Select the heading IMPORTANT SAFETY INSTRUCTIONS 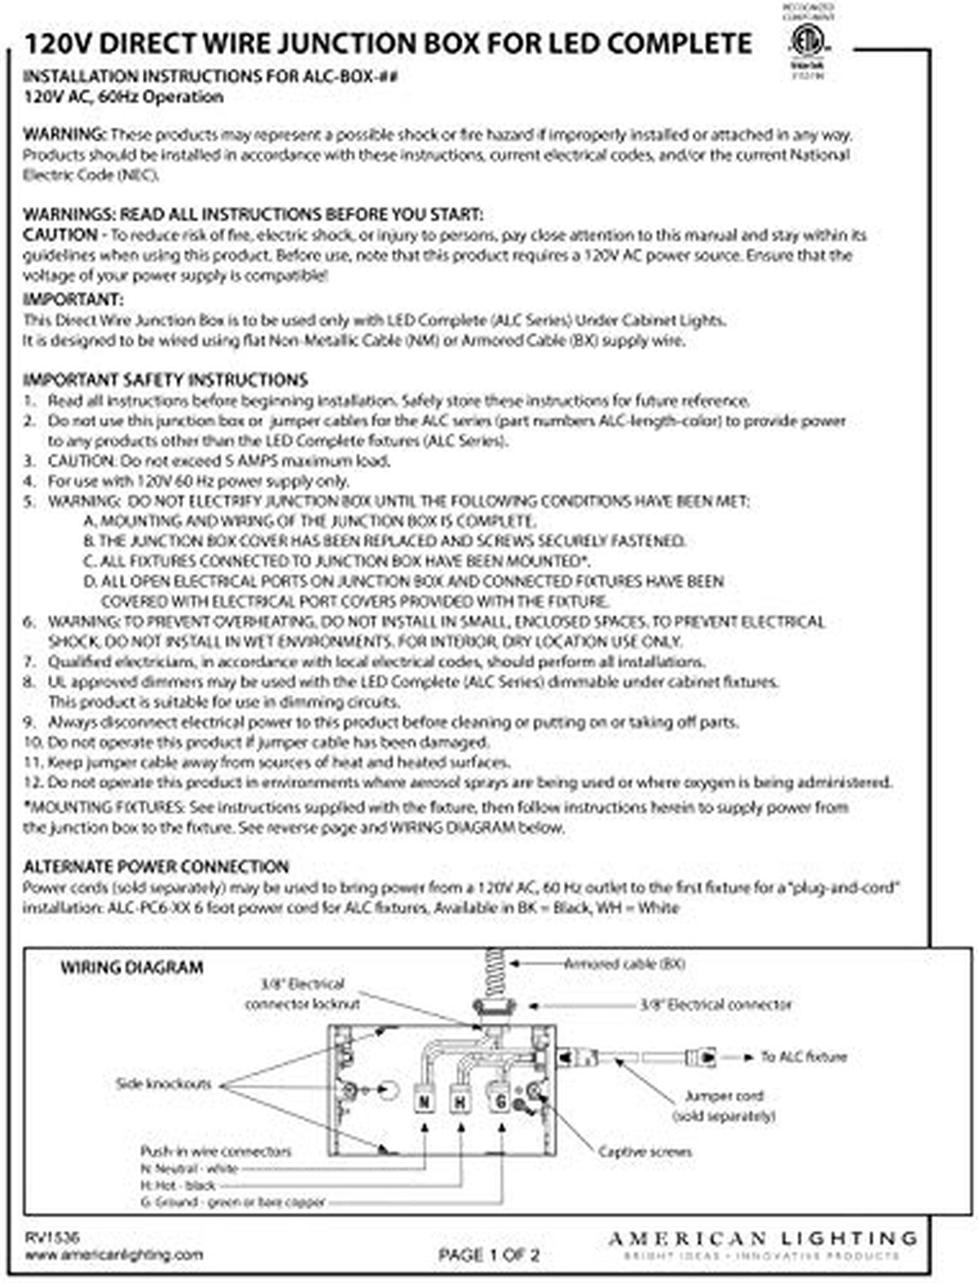[x=165, y=380]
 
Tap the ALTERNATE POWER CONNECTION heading [x=156, y=866]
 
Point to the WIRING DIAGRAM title [x=131, y=968]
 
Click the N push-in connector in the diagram [x=424, y=1101]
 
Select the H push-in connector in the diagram [x=461, y=1101]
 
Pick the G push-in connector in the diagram [x=499, y=1100]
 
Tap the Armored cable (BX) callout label [x=624, y=964]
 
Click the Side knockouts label [x=164, y=1084]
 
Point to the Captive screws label [x=645, y=1152]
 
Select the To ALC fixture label [x=804, y=1056]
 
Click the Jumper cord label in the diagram [x=724, y=1096]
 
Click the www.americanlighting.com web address [x=112, y=1255]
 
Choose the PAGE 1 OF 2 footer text [x=488, y=1255]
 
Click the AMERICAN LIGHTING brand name [x=762, y=1239]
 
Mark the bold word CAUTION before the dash [x=59, y=235]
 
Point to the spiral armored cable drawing [x=493, y=972]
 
